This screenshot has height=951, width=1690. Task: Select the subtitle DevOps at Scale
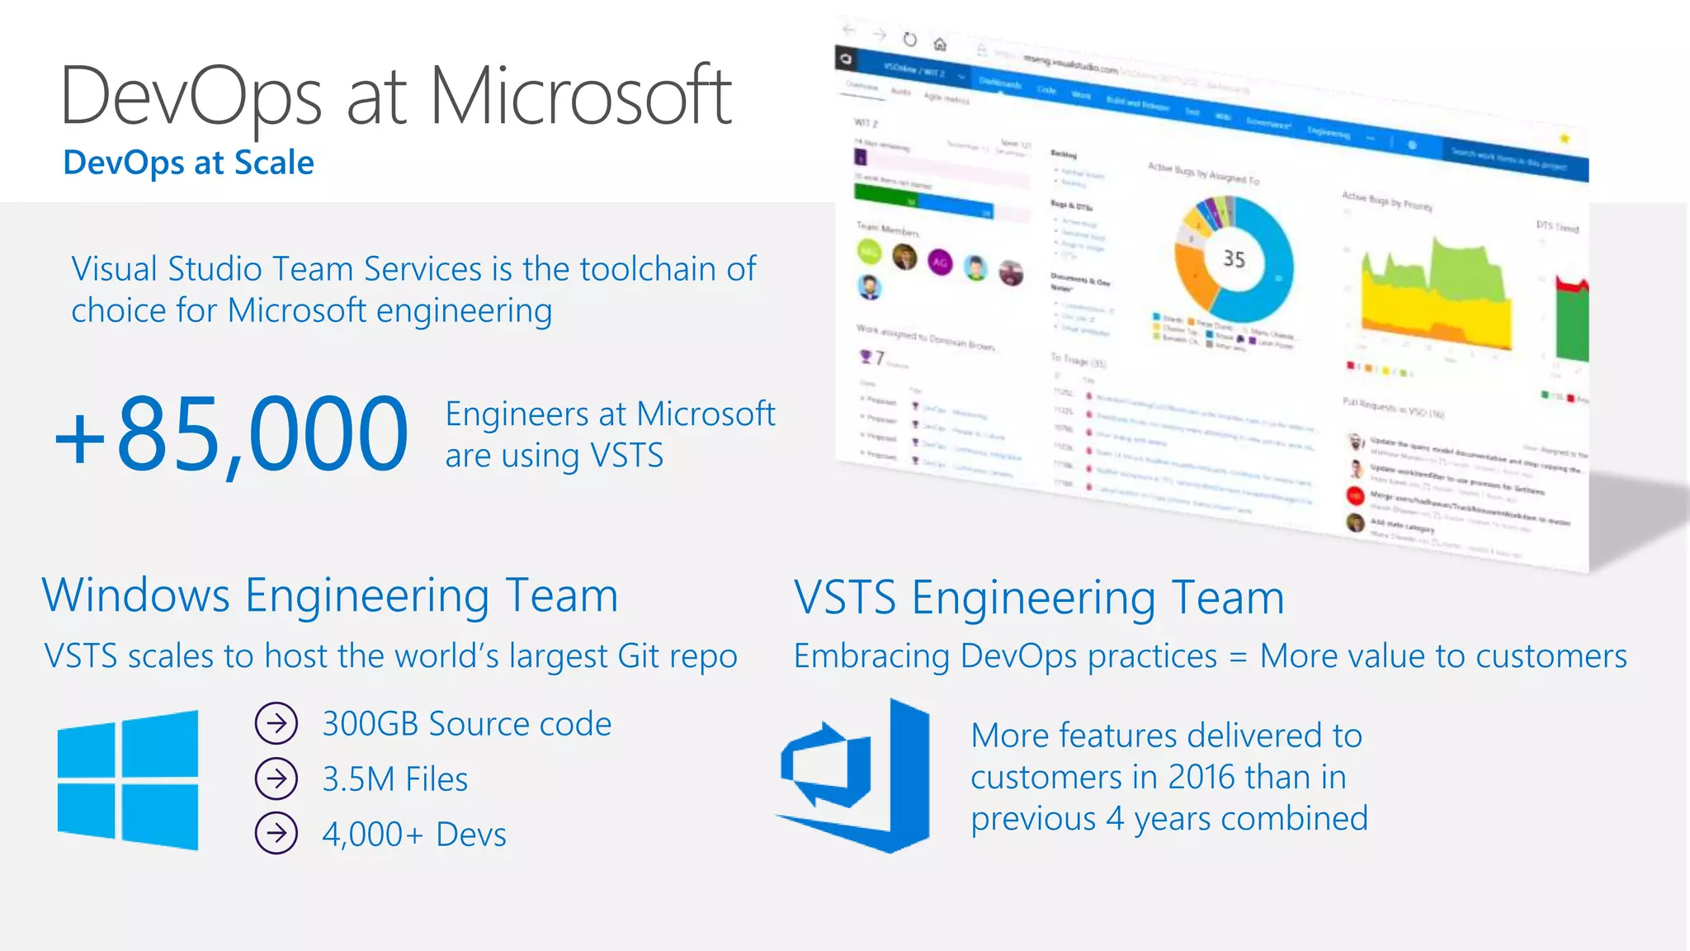coord(188,163)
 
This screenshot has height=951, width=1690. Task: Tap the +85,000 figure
coord(231,434)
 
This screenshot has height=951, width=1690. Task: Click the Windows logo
coord(128,779)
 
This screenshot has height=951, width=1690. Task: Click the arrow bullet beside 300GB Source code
coord(276,724)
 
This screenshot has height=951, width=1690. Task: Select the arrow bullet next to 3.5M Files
coord(276,778)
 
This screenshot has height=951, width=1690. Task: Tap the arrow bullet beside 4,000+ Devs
coord(276,834)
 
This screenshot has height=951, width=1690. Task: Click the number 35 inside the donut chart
coord(1234,259)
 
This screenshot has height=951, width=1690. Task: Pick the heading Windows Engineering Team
coord(330,595)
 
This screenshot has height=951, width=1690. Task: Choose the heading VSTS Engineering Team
coord(1039,598)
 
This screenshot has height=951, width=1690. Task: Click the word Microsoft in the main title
coord(580,97)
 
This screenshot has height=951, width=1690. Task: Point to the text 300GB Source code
coord(467,724)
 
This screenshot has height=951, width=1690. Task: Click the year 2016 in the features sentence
coord(1201,777)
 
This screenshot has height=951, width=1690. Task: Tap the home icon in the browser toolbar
coord(940,44)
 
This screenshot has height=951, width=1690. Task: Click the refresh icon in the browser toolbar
coord(909,39)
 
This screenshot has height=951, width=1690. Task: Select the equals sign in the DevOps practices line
coord(1238,657)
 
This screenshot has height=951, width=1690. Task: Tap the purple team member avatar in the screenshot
coord(940,263)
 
